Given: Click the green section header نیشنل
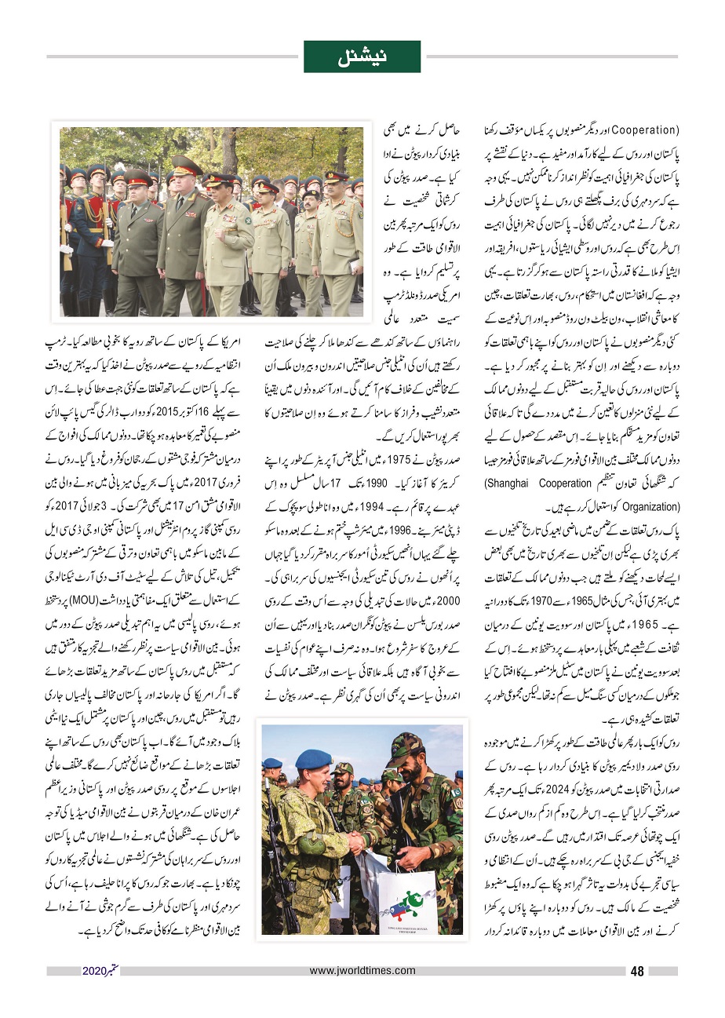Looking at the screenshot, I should pos(362,57).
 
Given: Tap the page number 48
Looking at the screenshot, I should pos(636,971).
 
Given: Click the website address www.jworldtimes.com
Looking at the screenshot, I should pos(362,971).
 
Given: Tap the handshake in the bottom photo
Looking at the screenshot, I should pos(358,841).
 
